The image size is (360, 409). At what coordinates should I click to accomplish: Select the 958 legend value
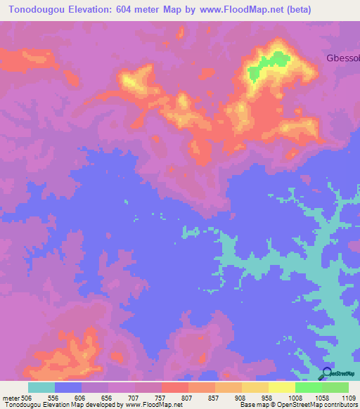269,398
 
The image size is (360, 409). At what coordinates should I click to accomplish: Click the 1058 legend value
322,398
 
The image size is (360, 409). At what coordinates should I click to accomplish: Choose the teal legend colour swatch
41,387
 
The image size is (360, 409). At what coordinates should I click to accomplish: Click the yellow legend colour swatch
282,387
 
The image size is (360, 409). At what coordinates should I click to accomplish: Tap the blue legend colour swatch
68,387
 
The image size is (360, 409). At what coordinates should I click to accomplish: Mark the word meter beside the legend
11,398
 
